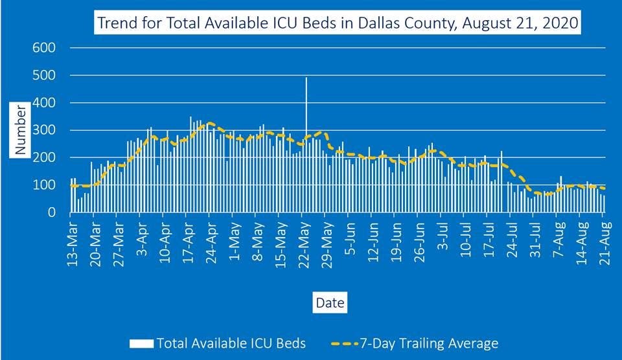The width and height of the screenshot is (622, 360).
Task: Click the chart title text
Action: [338, 25]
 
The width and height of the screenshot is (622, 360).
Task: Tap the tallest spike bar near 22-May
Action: [306, 129]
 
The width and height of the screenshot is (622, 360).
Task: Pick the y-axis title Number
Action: [21, 129]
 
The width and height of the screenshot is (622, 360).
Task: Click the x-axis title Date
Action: [330, 302]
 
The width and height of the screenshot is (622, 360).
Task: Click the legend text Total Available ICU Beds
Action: [231, 343]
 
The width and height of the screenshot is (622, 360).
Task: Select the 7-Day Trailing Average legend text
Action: [433, 343]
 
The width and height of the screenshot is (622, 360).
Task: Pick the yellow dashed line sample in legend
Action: [349, 343]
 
